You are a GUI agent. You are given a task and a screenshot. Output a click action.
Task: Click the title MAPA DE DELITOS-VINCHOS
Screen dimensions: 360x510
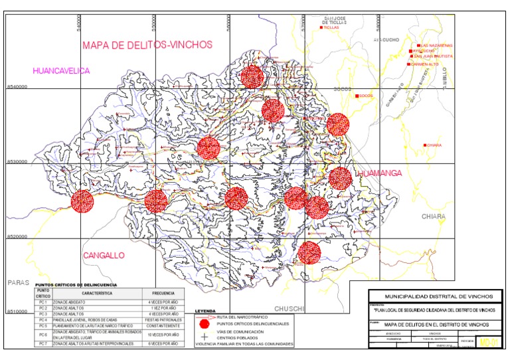(147, 45)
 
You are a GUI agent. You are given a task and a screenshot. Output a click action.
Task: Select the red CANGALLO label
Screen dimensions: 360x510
(104, 256)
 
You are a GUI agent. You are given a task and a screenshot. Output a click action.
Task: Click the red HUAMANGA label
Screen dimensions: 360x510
(381, 173)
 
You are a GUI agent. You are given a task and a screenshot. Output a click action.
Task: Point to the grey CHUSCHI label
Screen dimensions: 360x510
(290, 308)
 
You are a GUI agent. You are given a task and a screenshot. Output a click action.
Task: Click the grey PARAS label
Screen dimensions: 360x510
(19, 282)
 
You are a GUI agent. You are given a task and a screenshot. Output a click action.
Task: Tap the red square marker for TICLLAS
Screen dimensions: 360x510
(321, 28)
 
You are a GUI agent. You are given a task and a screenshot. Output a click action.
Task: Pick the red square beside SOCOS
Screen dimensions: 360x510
(357, 96)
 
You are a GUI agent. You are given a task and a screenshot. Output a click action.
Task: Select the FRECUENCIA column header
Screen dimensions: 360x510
(163, 292)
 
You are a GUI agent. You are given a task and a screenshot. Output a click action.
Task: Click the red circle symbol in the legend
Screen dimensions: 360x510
(206, 323)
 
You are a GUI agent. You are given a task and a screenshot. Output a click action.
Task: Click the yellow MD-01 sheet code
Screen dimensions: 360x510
(488, 343)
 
